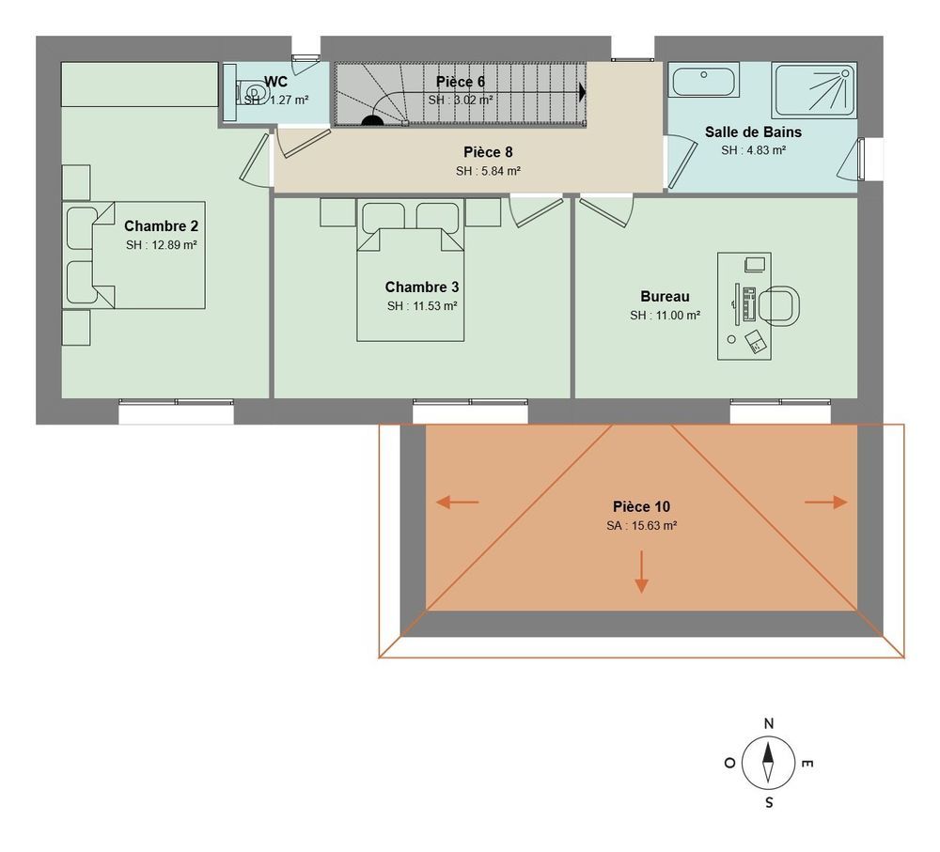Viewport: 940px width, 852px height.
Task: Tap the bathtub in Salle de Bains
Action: (x=704, y=81)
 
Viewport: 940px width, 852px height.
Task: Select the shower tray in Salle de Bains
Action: (x=814, y=90)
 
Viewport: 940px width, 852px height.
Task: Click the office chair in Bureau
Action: (x=779, y=305)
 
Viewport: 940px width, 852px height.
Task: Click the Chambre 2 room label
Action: (x=161, y=226)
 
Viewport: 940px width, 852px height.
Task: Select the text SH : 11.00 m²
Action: (x=665, y=317)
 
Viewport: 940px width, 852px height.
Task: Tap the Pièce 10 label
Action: (x=641, y=507)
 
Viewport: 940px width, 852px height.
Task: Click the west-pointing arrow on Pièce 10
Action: (x=457, y=503)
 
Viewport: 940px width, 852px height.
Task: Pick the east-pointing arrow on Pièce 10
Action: (x=827, y=503)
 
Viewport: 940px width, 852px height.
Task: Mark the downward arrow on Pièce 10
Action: (x=641, y=572)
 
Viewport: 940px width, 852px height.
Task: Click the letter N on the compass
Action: (x=769, y=723)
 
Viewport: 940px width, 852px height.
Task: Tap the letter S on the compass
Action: (x=769, y=802)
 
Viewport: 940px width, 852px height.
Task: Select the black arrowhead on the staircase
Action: (x=583, y=92)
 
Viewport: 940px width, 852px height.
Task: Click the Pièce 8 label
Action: (x=488, y=152)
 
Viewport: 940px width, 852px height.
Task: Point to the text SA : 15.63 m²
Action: (x=641, y=527)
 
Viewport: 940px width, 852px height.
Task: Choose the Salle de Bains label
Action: (x=753, y=132)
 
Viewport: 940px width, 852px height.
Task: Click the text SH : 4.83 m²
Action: (x=753, y=150)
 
